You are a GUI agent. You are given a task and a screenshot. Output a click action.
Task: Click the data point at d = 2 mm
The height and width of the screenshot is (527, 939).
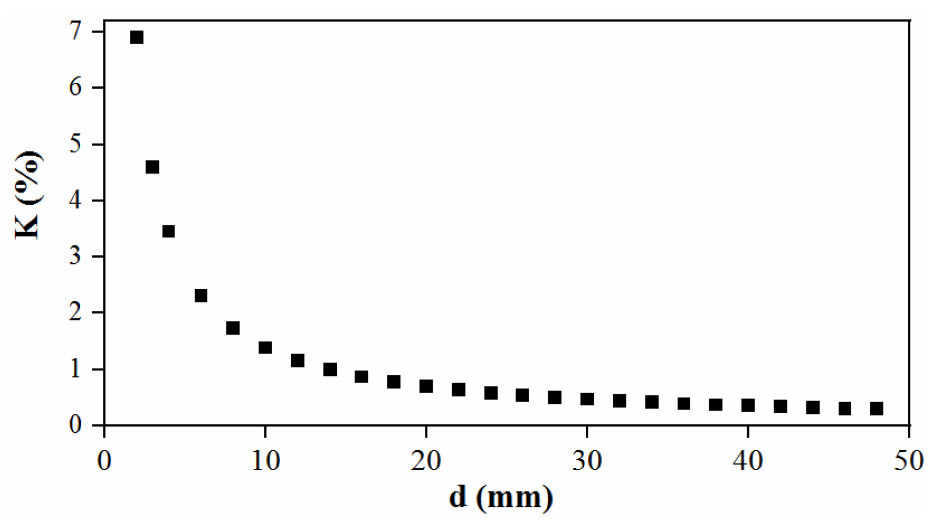[137, 37]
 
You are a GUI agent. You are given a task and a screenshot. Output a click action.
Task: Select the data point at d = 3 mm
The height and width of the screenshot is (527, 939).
[152, 167]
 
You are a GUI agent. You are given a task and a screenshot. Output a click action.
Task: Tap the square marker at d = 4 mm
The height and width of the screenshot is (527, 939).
[168, 231]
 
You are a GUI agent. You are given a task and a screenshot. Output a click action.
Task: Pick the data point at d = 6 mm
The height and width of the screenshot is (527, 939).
[201, 296]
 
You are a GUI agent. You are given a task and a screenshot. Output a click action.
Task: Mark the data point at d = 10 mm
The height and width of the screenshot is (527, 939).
[265, 347]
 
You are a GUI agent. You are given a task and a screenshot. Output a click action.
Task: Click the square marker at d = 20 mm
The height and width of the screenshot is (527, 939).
[426, 386]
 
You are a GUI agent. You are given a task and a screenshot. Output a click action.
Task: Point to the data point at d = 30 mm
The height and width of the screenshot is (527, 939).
[587, 399]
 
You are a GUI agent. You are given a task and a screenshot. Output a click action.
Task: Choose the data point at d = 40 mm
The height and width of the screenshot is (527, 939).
[748, 405]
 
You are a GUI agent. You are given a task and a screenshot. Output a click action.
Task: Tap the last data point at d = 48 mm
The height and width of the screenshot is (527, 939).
[877, 409]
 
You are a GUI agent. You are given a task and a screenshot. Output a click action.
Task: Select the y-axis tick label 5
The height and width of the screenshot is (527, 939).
[75, 144]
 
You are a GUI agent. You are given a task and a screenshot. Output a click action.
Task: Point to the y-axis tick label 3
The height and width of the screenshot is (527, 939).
[75, 257]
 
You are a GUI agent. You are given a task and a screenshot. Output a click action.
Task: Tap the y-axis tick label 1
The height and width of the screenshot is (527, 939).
[75, 369]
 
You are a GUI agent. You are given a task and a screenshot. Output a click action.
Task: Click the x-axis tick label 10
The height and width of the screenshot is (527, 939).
[265, 461]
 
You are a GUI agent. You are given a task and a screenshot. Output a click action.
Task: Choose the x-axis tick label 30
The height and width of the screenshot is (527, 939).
[587, 461]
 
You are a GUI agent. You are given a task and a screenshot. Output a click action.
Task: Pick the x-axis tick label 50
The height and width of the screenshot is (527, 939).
[909, 461]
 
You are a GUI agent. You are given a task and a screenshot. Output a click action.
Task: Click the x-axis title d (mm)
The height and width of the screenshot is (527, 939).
[501, 497]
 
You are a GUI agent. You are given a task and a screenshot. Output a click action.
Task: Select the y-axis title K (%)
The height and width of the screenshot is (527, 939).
[28, 195]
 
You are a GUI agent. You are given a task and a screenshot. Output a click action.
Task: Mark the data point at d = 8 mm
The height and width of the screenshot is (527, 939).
[233, 328]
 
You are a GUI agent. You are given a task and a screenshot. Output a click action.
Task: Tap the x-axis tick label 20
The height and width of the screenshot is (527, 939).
[426, 461]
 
